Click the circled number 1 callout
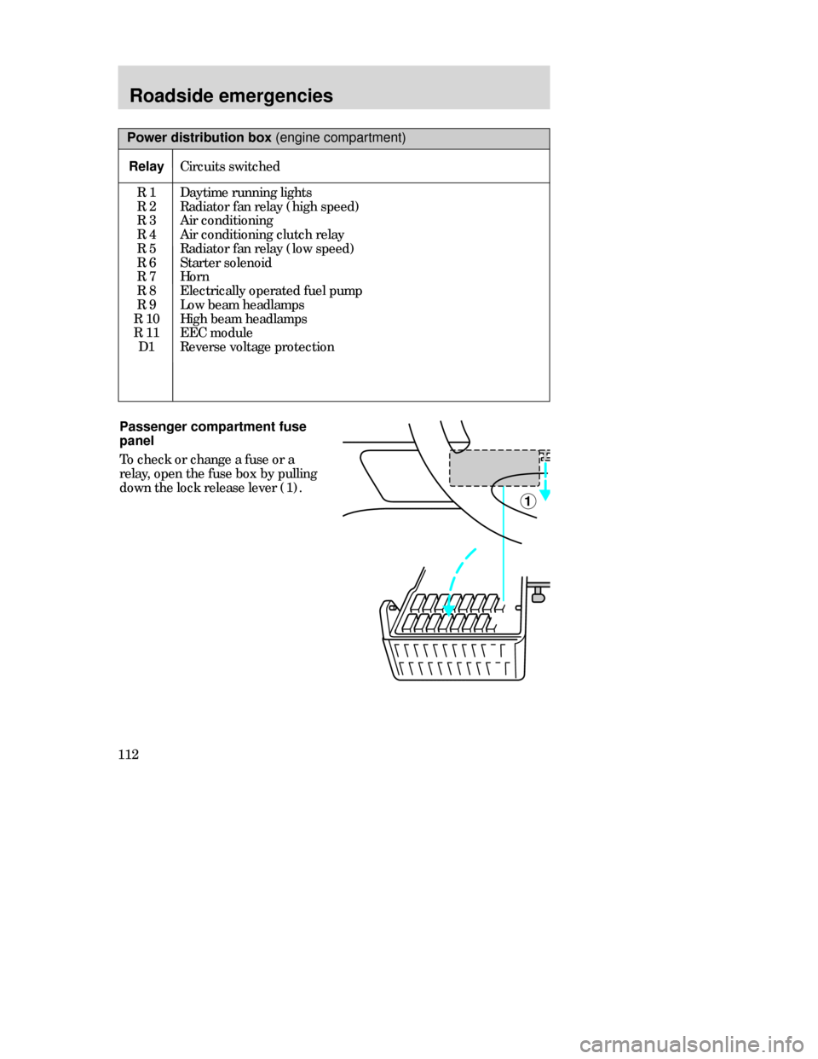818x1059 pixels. click(x=527, y=501)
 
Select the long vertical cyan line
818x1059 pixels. click(x=504, y=546)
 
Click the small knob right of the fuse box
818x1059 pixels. click(x=539, y=598)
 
